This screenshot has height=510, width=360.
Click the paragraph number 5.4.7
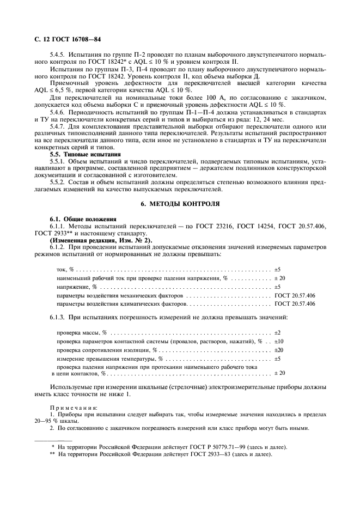[x=59, y=126]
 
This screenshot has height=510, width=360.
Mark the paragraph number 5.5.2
[x=59, y=183]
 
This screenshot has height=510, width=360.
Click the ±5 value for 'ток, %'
[x=277, y=270]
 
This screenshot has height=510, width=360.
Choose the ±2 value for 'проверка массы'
[x=277, y=332]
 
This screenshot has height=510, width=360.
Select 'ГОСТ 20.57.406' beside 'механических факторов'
[x=295, y=295]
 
